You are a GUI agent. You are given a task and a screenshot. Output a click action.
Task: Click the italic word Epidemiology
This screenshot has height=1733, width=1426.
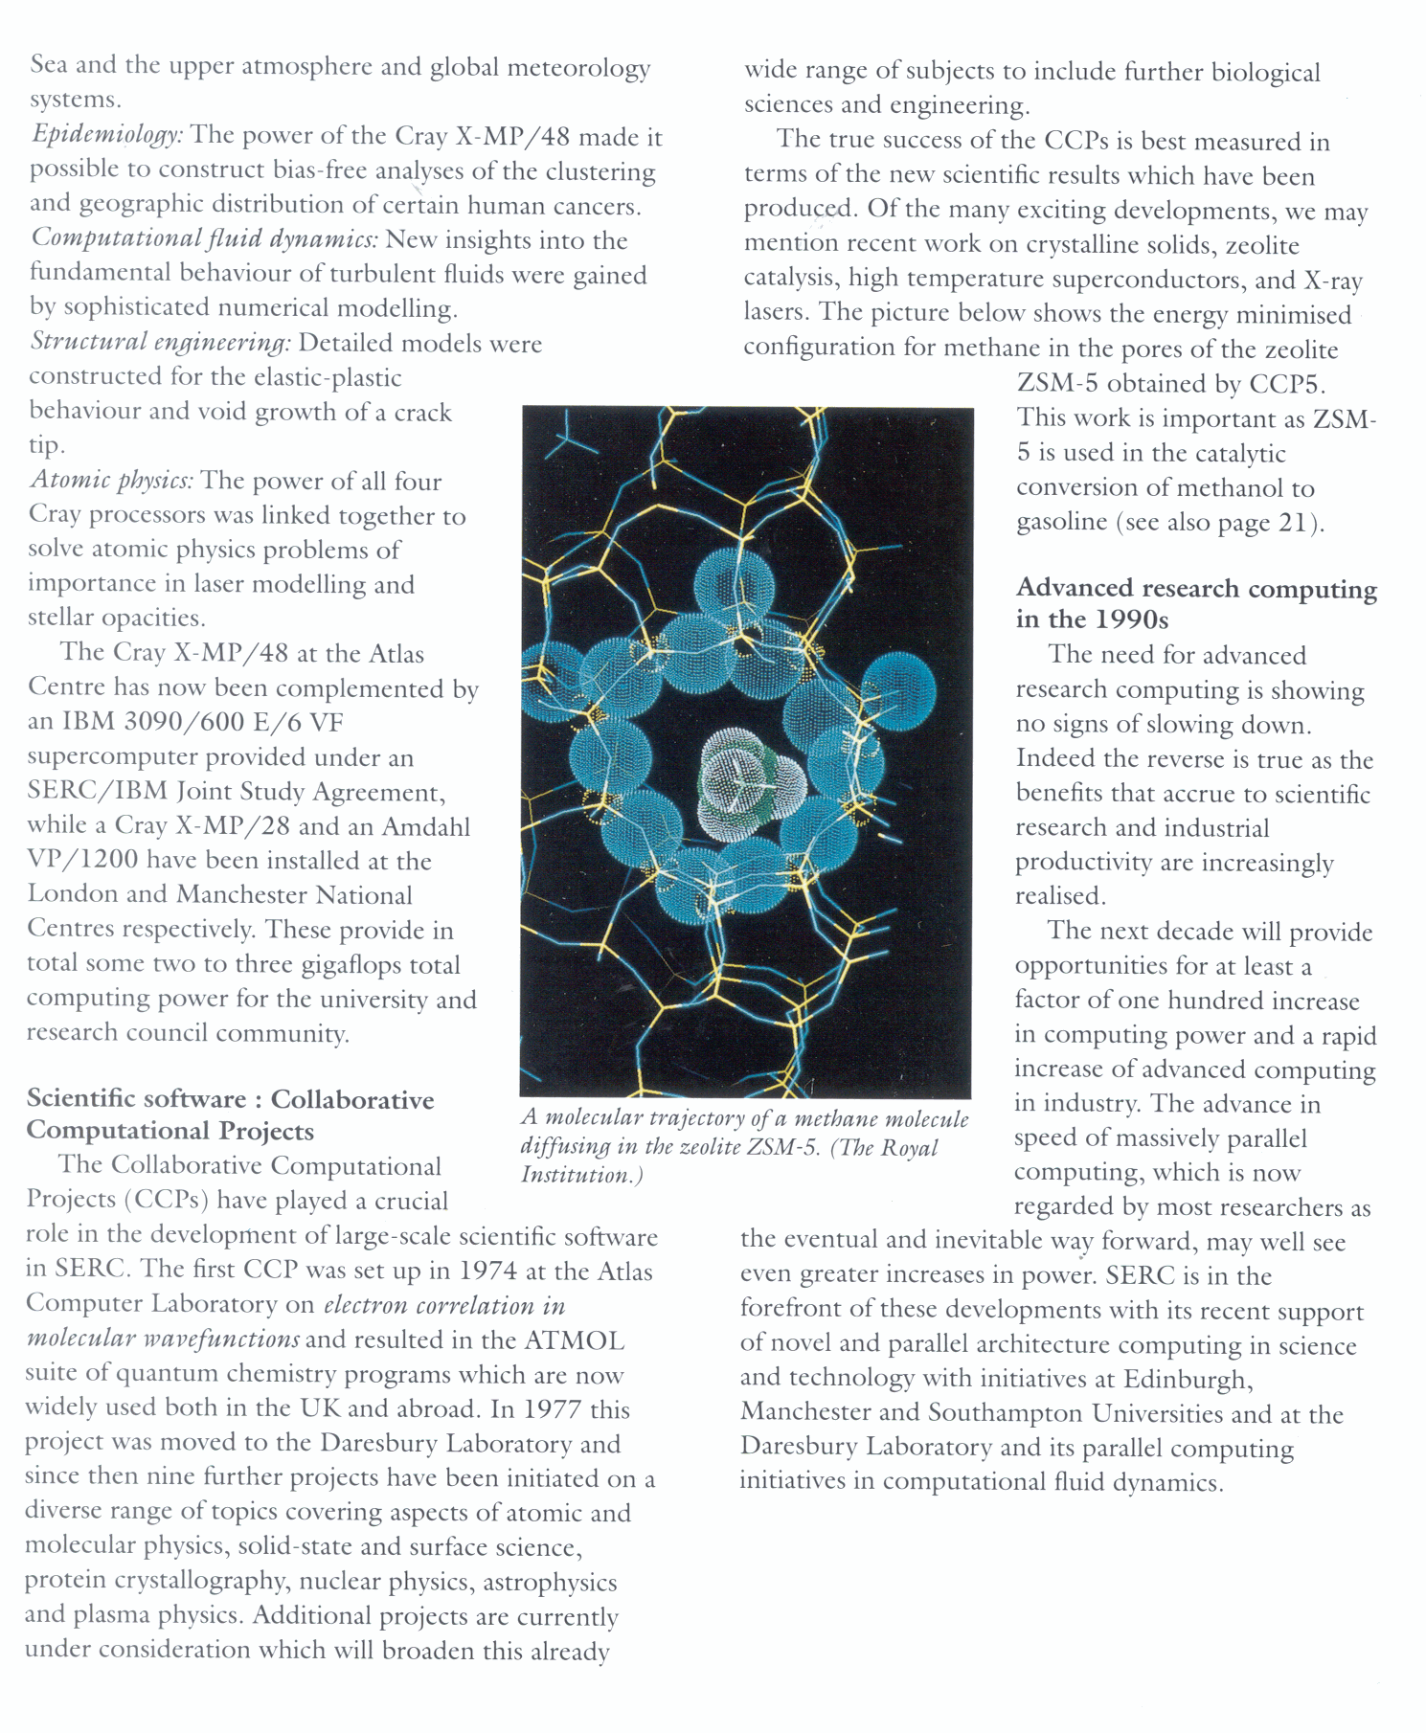tap(106, 135)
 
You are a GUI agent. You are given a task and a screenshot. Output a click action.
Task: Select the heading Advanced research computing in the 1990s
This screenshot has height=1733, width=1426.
tap(1195, 603)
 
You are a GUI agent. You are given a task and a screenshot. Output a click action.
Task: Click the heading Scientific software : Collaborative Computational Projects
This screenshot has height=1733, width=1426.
tap(230, 1114)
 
